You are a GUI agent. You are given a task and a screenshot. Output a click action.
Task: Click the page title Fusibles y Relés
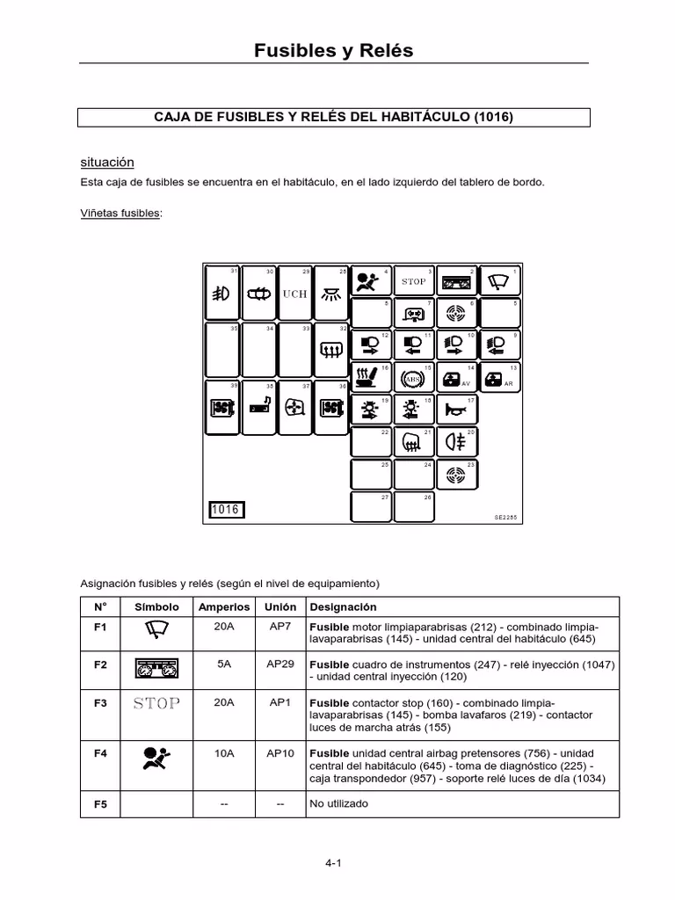(333, 50)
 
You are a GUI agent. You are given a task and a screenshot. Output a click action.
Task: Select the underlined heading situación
(106, 163)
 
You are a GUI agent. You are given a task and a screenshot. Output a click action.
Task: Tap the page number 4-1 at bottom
(332, 863)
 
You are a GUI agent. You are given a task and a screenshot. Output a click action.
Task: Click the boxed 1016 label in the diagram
(226, 510)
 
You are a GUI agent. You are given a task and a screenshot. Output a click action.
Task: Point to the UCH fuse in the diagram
(294, 294)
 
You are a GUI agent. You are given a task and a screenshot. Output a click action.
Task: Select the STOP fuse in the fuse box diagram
(414, 282)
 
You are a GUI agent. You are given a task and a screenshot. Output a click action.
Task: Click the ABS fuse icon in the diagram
(414, 380)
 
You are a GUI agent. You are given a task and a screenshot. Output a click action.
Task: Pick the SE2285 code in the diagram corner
(505, 518)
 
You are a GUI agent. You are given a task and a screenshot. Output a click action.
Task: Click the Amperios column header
(224, 607)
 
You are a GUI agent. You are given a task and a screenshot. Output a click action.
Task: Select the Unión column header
(280, 607)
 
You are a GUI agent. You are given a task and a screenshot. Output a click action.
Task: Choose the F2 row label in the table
(100, 664)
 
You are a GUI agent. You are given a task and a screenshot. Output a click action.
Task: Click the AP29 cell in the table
(280, 664)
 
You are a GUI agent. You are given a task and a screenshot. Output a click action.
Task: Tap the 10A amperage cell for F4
(224, 753)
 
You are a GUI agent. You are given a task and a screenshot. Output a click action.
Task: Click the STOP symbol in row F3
(156, 703)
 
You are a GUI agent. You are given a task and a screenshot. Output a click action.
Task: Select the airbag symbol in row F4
(156, 757)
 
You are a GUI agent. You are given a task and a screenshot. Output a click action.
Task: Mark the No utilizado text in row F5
(339, 803)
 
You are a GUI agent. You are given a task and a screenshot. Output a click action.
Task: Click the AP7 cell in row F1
(280, 627)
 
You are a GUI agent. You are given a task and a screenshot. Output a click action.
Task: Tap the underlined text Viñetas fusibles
(120, 213)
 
